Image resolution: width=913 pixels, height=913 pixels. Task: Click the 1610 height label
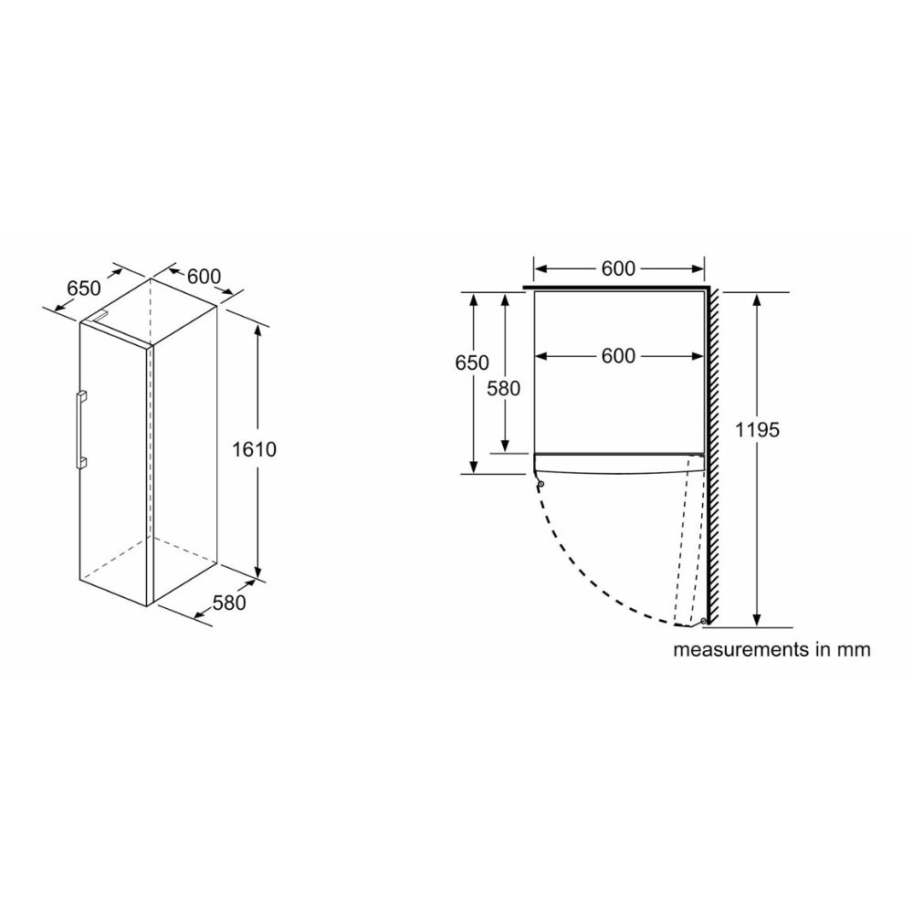(x=254, y=449)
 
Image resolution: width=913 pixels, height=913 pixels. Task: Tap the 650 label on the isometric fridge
(x=84, y=288)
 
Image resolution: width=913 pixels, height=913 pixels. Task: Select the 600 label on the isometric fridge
(x=204, y=276)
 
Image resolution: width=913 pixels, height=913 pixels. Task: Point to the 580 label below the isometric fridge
(x=229, y=603)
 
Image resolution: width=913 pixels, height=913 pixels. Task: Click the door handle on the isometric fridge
(x=80, y=430)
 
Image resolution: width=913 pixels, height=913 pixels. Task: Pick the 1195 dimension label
(x=757, y=430)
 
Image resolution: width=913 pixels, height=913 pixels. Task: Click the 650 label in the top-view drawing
(x=472, y=362)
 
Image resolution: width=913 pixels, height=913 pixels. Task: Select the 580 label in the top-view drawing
(x=503, y=388)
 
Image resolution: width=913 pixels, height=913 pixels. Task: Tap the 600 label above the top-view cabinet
(x=618, y=268)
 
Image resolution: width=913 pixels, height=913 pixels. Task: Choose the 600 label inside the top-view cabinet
(x=618, y=356)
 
